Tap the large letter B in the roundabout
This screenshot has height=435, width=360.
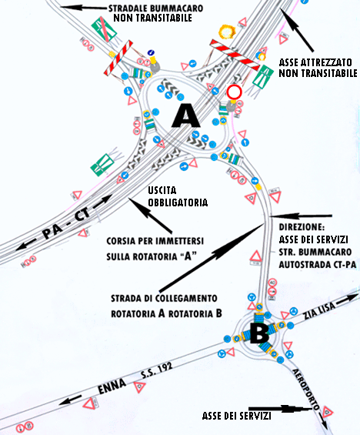[259, 334]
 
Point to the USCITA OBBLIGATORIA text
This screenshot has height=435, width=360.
[178, 196]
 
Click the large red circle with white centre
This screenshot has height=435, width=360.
[234, 93]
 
